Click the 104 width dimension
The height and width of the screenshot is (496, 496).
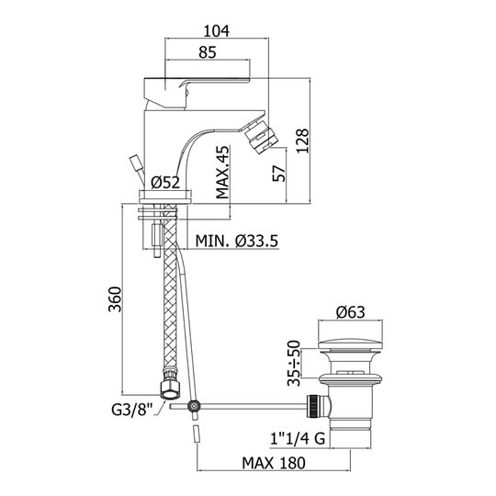click(x=217, y=31)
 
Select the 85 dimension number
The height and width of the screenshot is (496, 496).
click(x=208, y=52)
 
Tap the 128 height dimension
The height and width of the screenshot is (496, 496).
click(x=303, y=141)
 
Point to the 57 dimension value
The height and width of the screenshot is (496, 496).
click(x=279, y=174)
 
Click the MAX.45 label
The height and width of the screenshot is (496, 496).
click(x=222, y=172)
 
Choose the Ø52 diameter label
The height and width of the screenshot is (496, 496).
click(x=165, y=183)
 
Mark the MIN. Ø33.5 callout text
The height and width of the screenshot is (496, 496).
click(x=237, y=241)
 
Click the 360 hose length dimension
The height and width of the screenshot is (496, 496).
click(x=115, y=299)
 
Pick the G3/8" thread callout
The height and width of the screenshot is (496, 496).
click(x=132, y=411)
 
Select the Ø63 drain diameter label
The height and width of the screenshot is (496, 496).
click(x=351, y=312)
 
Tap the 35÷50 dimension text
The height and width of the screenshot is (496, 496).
click(x=294, y=363)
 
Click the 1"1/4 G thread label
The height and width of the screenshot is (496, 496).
click(x=298, y=439)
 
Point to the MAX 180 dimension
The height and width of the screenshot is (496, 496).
click(x=274, y=463)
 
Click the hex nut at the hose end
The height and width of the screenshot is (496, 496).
click(x=171, y=389)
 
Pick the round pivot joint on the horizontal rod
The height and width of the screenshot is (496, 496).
click(x=194, y=406)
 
